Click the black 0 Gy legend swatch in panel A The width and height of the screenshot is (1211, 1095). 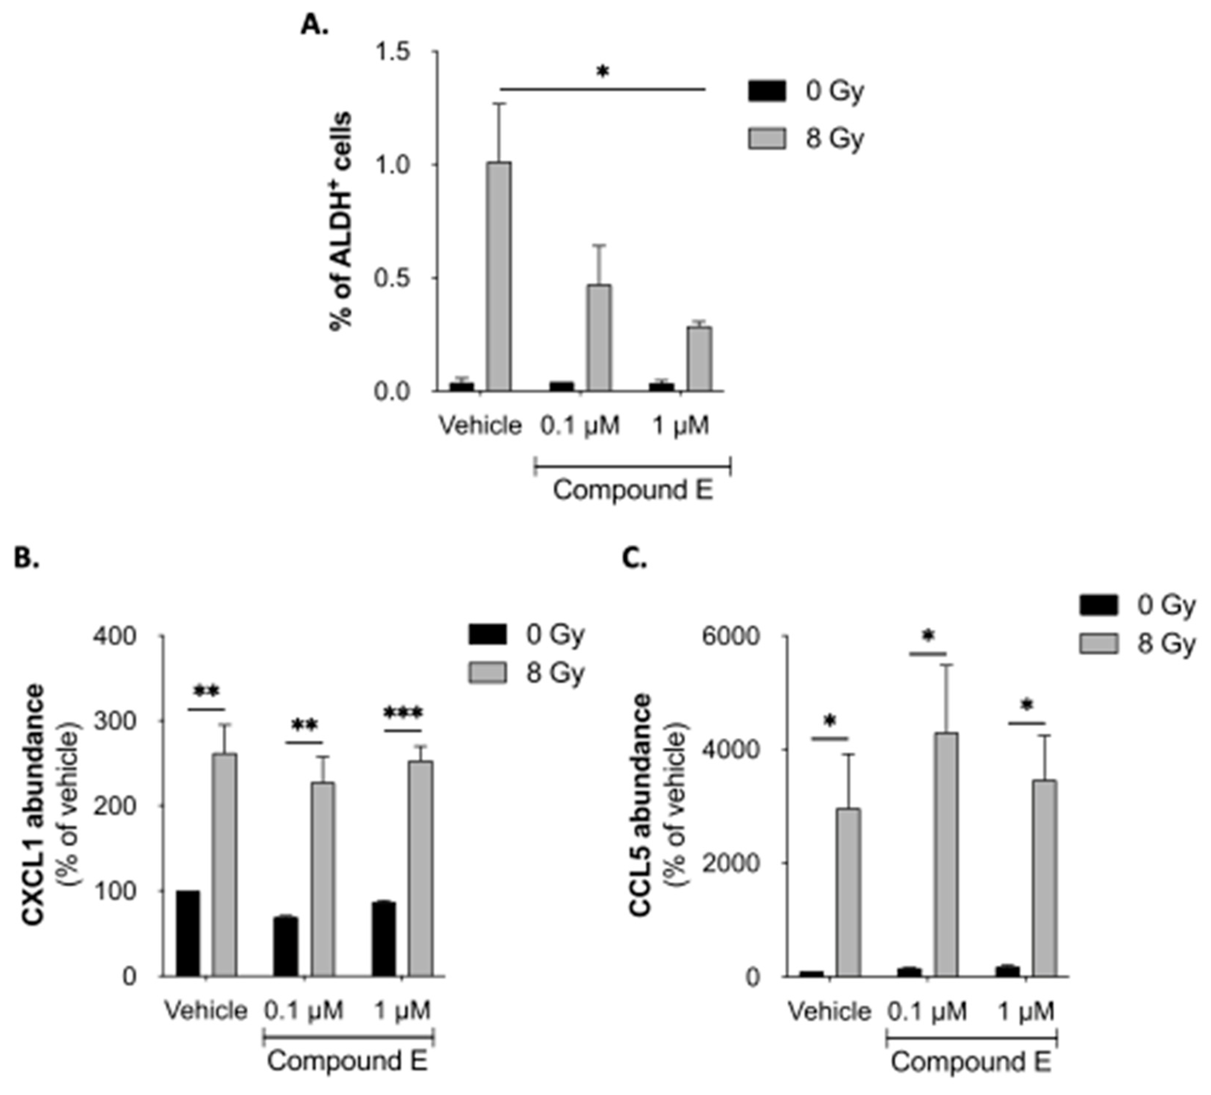tap(767, 91)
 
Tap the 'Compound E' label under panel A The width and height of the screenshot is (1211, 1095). tap(632, 490)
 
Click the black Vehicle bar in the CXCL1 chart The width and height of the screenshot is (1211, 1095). tap(188, 933)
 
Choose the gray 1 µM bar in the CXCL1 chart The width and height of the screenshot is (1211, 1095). tap(420, 868)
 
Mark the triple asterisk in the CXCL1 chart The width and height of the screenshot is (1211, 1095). tap(403, 714)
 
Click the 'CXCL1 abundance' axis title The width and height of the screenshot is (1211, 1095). tap(34, 805)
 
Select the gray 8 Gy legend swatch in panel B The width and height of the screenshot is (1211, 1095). tap(487, 673)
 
